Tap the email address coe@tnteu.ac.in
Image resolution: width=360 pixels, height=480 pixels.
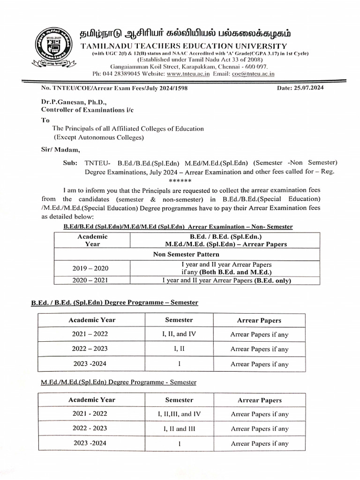(x=253, y=74)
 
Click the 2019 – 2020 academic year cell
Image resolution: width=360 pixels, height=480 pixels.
(x=90, y=268)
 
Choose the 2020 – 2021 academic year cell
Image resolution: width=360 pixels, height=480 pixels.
(x=90, y=281)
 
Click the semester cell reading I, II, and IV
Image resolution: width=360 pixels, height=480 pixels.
(x=179, y=334)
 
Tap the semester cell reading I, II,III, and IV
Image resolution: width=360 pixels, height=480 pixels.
(x=179, y=414)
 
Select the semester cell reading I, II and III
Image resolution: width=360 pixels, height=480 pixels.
(x=179, y=428)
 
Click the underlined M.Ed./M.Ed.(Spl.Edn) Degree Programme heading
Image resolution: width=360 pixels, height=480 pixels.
(x=119, y=382)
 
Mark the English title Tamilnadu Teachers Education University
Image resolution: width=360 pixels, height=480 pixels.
(x=184, y=45)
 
